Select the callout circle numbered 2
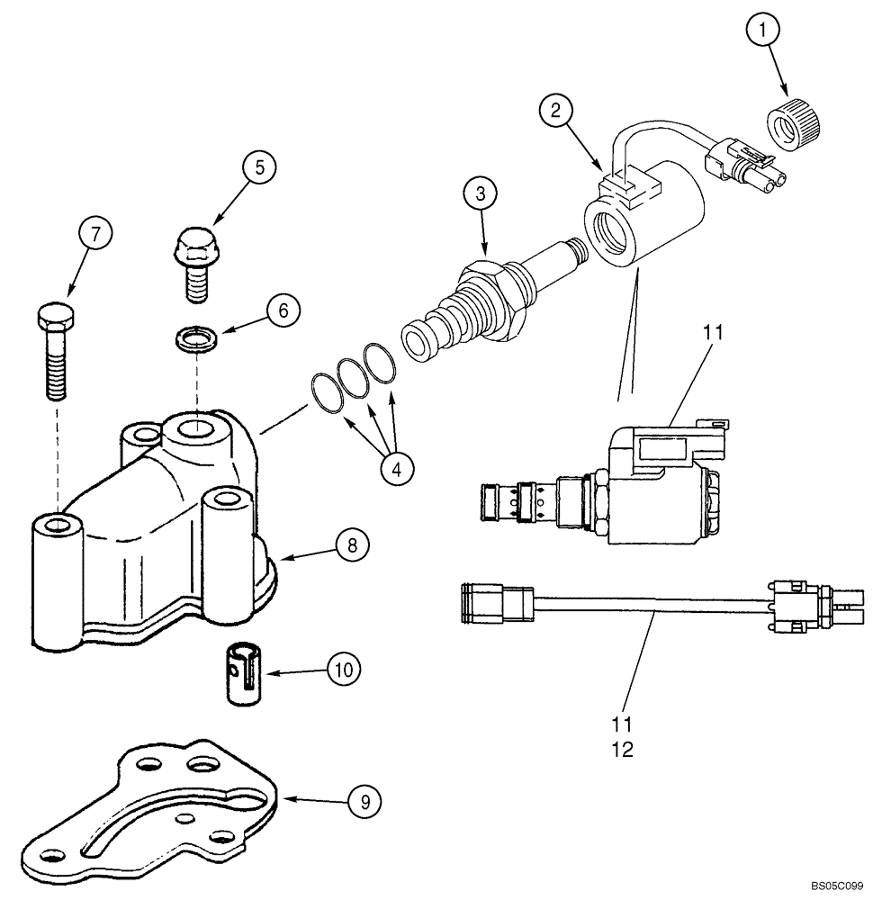coord(557,112)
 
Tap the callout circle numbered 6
coord(282,311)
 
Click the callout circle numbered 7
coord(96,233)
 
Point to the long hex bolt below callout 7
coord(53,351)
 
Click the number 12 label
coord(623,749)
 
